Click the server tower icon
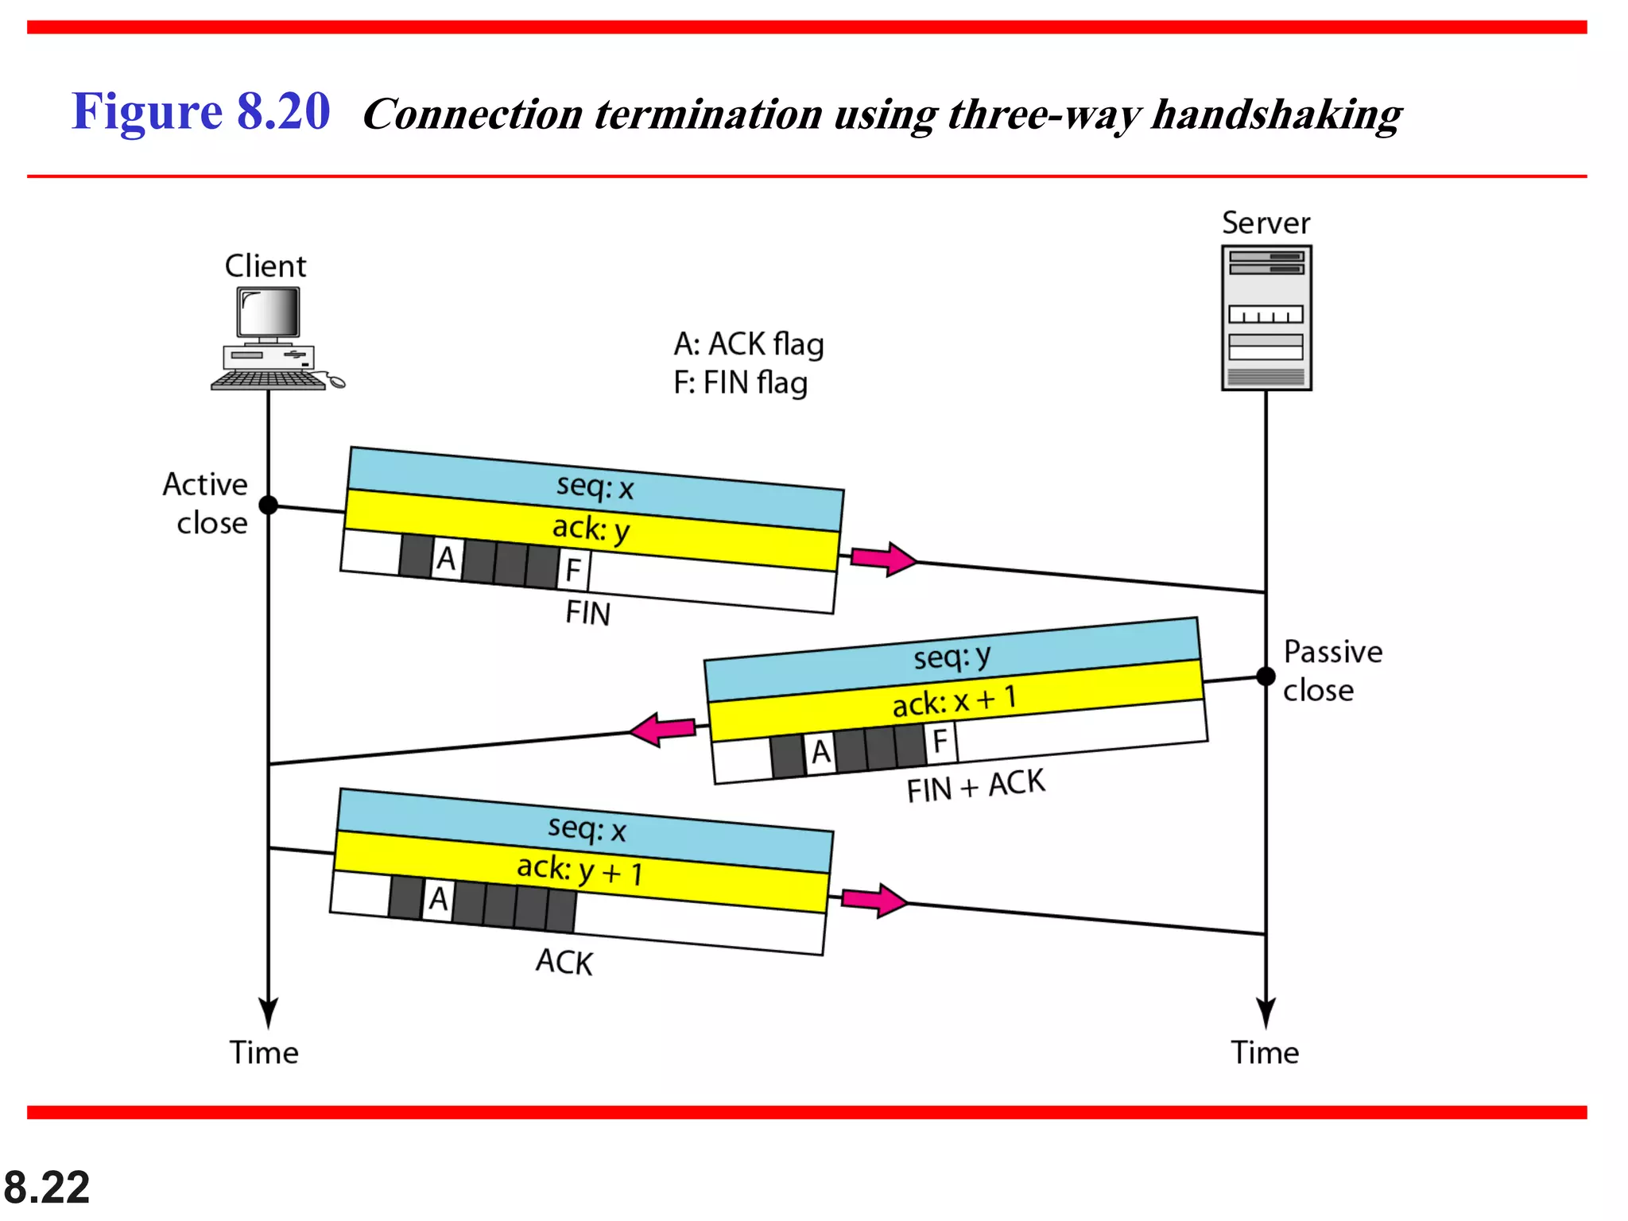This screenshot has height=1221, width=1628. (x=1266, y=318)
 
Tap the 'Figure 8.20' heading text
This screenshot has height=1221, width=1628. (x=200, y=111)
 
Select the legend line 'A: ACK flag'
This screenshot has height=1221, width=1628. (x=748, y=344)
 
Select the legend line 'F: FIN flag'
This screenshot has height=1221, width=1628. (x=740, y=383)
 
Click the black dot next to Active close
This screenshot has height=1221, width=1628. (x=269, y=505)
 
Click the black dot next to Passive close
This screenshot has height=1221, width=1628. (x=1266, y=676)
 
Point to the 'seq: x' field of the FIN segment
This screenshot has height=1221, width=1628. (x=595, y=486)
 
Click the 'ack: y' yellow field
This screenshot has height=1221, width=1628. (x=591, y=529)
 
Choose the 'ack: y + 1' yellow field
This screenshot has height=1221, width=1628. (x=580, y=870)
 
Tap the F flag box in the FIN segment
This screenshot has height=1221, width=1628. (x=573, y=570)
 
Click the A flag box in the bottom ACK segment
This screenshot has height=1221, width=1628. (x=438, y=899)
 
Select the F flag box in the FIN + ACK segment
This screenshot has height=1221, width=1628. (x=940, y=741)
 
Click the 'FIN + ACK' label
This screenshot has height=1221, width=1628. (x=975, y=786)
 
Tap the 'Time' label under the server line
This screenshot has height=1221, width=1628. (x=1265, y=1052)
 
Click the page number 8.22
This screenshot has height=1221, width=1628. (x=47, y=1188)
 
